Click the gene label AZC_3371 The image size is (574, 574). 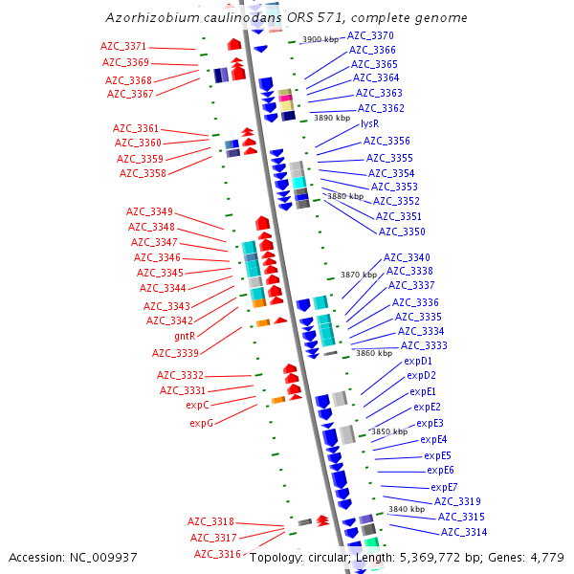tap(123, 46)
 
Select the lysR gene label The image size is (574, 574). tap(370, 123)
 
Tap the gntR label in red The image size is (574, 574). tap(185, 336)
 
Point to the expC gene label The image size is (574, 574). tap(197, 405)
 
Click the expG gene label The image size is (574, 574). tap(201, 422)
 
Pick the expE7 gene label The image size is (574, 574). tap(444, 487)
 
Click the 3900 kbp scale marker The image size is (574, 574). tap(320, 39)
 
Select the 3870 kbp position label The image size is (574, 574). tap(358, 275)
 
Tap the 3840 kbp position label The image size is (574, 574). tap(406, 509)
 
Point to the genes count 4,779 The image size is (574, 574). tap(545, 557)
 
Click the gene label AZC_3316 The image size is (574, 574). tap(217, 554)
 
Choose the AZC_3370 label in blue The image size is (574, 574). tap(370, 35)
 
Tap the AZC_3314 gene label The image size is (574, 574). tap(463, 532)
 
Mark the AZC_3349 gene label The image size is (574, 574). tap(150, 211)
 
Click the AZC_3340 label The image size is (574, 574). tap(407, 257)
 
